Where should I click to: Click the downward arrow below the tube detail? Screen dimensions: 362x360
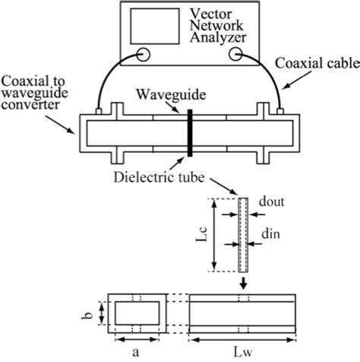(x=242, y=283)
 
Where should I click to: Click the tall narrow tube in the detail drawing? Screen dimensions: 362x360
(x=242, y=235)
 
